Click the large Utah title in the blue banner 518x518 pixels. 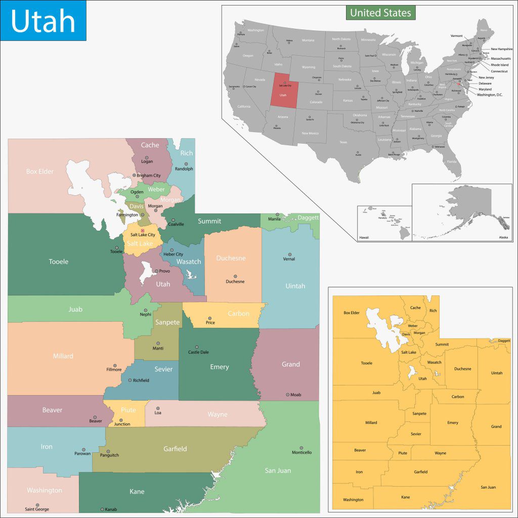click(43, 21)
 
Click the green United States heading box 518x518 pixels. click(380, 13)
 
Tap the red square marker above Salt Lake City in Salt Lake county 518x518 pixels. click(142, 231)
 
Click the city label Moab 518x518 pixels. click(295, 395)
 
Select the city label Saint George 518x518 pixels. click(37, 509)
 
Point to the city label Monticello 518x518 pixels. click(301, 452)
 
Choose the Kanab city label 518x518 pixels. click(110, 509)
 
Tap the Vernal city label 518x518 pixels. click(289, 259)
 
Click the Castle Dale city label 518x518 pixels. click(198, 352)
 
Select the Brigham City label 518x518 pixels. click(149, 176)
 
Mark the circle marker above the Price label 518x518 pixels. click(210, 318)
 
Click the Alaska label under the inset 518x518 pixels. click(503, 237)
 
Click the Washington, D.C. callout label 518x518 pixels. click(490, 95)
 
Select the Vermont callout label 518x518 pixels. click(457, 36)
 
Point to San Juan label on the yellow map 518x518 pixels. click(488, 487)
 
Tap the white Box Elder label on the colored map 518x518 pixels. click(40, 171)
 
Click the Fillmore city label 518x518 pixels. click(113, 370)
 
